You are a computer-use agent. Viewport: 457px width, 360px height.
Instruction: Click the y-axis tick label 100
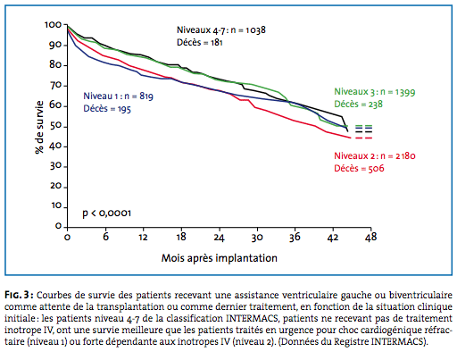pyautogui.click(x=53, y=25)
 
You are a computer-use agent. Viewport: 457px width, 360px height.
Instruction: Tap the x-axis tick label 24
pyautogui.click(x=219, y=238)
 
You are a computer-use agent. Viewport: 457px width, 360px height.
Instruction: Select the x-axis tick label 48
pyautogui.click(x=370, y=238)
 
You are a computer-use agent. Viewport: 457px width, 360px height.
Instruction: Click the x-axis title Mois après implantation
pyautogui.click(x=220, y=258)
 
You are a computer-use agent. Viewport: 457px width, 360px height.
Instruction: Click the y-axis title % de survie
pyautogui.click(x=39, y=127)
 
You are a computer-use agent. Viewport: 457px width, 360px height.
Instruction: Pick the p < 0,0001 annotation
pyautogui.click(x=106, y=213)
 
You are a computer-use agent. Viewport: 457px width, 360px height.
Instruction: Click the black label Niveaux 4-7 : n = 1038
pyautogui.click(x=221, y=30)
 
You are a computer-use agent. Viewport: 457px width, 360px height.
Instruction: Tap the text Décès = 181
pyautogui.click(x=200, y=43)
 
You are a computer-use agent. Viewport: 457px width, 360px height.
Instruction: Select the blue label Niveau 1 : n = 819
pyautogui.click(x=119, y=96)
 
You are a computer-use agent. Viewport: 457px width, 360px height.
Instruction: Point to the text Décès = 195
pyautogui.click(x=107, y=109)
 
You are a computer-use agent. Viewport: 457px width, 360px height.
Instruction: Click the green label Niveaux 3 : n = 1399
pyautogui.click(x=375, y=92)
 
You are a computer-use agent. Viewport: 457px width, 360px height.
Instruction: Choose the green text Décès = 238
pyautogui.click(x=358, y=105)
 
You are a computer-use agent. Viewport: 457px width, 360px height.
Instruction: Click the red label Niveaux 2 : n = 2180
pyautogui.click(x=375, y=156)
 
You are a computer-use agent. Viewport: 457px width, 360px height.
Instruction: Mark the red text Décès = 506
pyautogui.click(x=359, y=169)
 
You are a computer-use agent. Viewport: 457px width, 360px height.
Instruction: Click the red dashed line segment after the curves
pyautogui.click(x=363, y=138)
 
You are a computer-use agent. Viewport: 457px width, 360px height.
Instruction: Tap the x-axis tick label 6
pyautogui.click(x=105, y=238)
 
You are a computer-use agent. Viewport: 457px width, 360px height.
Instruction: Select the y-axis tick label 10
pyautogui.click(x=56, y=206)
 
